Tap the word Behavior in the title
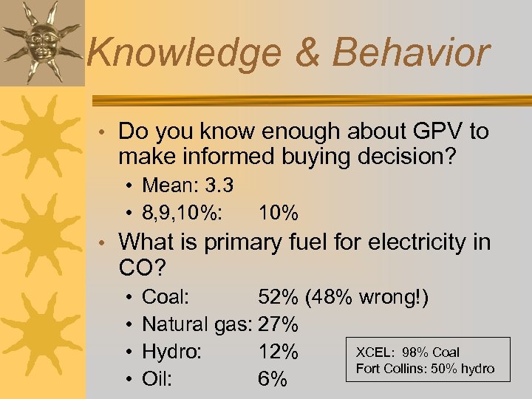pos(411,53)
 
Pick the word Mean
pos(168,184)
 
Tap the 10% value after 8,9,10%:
pos(279,214)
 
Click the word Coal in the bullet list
pos(166,297)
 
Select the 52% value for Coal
pos(278,297)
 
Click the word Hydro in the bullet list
pos(171,352)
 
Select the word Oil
pos(157,379)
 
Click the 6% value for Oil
pos(272,379)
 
